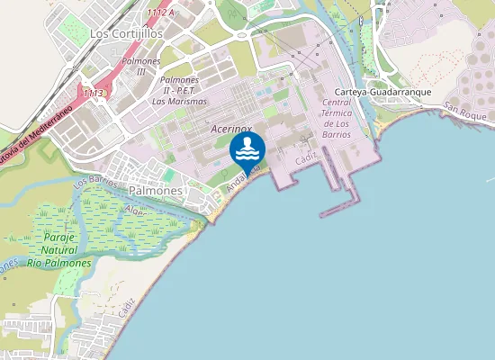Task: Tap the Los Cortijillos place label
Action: click(126, 32)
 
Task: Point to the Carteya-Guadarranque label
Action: click(384, 93)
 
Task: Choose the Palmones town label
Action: click(157, 192)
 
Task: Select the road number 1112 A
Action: click(159, 13)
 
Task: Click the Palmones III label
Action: click(139, 66)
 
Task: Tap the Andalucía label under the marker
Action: click(243, 179)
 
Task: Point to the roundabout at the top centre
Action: click(242, 35)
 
